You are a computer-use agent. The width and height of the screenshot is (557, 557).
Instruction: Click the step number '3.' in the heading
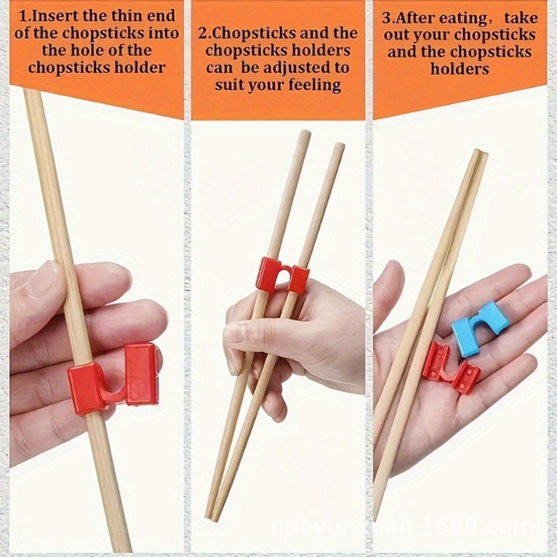coord(389,18)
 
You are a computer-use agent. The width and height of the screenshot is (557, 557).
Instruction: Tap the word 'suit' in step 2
coord(228,85)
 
